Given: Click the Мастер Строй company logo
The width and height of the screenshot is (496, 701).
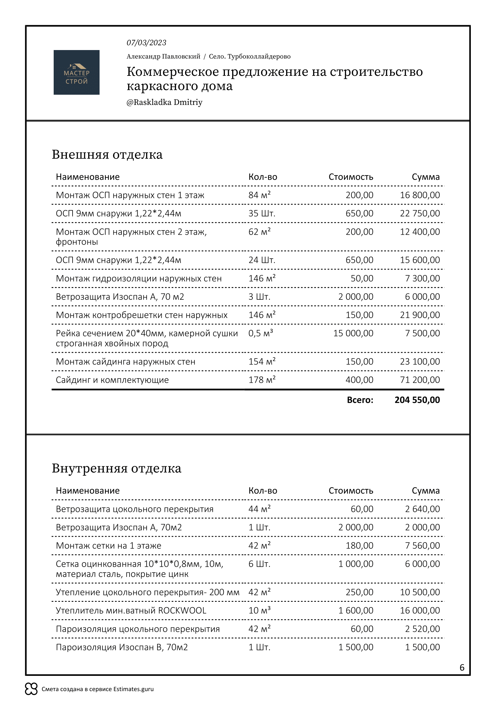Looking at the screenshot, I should pos(76,72).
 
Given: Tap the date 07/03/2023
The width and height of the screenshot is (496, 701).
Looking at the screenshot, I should pos(146,43).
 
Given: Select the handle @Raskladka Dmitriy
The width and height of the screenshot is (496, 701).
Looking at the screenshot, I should pos(164,102).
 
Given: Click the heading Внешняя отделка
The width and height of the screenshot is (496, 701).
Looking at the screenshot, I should pos(107,154).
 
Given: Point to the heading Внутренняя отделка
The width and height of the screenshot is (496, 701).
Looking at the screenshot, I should pos(116,468).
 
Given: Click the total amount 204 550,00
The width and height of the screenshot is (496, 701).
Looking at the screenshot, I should pos(417,400).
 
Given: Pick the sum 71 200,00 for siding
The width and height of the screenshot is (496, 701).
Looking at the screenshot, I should pos(420,380).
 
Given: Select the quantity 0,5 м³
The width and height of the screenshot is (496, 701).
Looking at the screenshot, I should pos(260,333).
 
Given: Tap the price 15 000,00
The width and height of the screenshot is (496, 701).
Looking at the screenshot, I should pos(353,333).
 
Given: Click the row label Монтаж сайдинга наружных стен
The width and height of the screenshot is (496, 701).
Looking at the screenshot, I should pos(125,361).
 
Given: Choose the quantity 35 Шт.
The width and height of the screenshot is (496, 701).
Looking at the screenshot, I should pos(262,213).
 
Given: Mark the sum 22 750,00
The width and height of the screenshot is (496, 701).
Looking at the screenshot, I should pos(420,213).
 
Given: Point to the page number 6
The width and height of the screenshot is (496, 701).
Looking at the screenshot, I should pos(462,667).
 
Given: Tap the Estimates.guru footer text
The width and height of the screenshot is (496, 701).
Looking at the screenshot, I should pos(98,689).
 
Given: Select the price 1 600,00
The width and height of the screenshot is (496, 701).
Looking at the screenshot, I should pos(356,610).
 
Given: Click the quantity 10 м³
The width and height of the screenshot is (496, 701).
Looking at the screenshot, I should pos(259,610).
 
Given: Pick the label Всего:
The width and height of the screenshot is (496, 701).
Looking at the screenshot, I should pos(360,400).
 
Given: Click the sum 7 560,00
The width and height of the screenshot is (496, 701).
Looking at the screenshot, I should pos(422,545).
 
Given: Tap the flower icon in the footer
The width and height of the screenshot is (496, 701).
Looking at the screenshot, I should pos(31,689).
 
